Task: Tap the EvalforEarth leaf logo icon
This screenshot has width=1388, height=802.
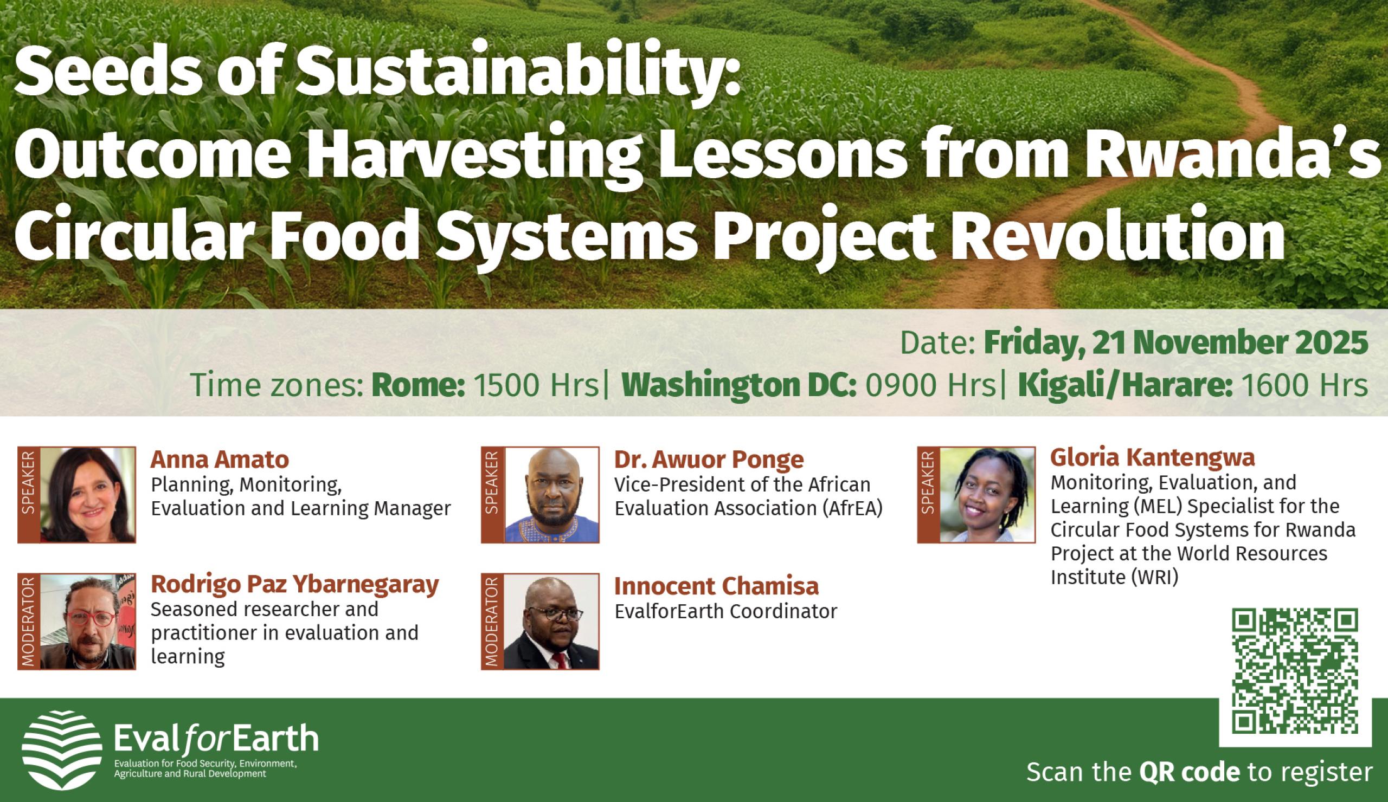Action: point(62,750)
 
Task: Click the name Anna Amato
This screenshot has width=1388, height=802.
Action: point(220,459)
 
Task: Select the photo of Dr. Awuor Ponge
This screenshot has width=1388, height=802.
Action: point(552,495)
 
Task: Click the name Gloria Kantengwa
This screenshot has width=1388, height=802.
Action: point(1152,457)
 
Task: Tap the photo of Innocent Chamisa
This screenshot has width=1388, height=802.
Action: point(552,621)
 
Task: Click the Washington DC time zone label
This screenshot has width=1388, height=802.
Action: point(738,385)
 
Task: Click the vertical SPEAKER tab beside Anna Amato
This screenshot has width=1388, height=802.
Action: point(29,495)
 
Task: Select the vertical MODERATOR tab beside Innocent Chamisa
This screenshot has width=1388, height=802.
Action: point(492,621)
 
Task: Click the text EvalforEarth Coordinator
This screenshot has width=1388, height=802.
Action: point(725,612)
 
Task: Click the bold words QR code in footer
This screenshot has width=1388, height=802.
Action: point(1189,772)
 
